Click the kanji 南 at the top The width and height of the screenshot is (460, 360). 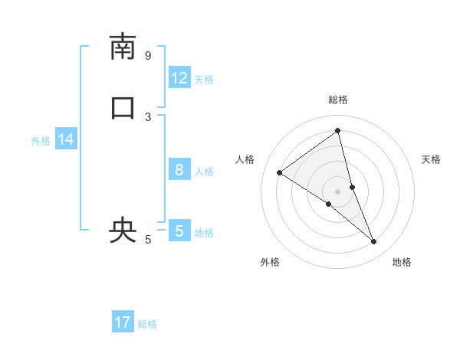pos(123,47)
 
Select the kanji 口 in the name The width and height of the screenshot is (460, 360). pos(123,108)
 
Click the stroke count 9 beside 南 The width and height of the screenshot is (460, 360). pos(148,55)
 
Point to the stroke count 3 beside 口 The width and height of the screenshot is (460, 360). pos(148,116)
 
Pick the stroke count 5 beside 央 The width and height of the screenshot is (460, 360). pos(148,240)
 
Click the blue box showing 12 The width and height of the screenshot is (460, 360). pos(179,78)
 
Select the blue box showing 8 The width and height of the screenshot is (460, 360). pos(179,170)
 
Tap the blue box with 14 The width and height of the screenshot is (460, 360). pos(66,139)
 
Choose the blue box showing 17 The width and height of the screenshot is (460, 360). pos(123,322)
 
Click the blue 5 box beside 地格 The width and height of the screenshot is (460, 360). pos(179,231)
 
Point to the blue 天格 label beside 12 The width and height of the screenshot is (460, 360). pos(204,80)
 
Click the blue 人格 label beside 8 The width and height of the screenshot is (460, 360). pos(204,172)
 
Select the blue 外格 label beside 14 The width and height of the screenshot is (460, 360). pos(41,141)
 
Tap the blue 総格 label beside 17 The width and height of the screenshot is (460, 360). pos(147,324)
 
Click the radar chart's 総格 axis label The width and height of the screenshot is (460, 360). pos(338,100)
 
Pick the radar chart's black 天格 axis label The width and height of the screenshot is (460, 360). pos(432,159)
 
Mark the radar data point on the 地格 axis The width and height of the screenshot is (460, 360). pos(374,242)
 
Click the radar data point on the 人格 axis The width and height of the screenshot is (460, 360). pos(280,172)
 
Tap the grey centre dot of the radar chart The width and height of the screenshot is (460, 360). pos(338,191)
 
